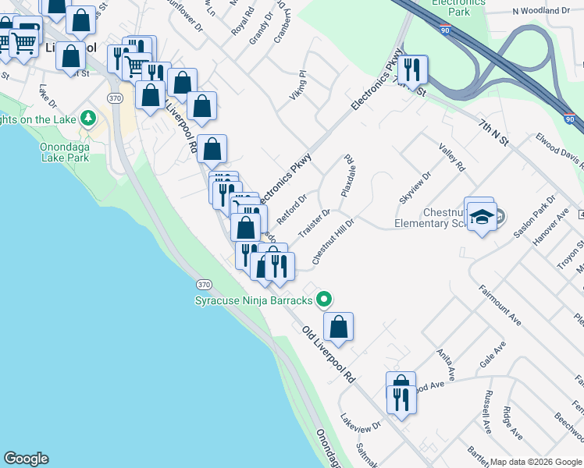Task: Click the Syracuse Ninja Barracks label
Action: pyautogui.click(x=253, y=300)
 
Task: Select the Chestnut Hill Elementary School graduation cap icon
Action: pyautogui.click(x=483, y=216)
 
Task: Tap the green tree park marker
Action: pyautogui.click(x=89, y=119)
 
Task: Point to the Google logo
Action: pyautogui.click(x=27, y=459)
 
